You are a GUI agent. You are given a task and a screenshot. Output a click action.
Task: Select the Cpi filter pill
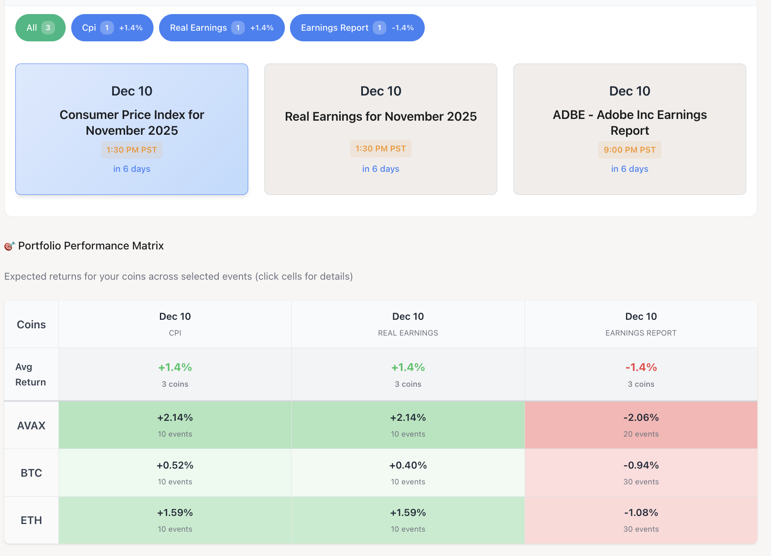(112, 28)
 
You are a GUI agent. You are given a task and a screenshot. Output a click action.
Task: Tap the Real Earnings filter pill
(222, 28)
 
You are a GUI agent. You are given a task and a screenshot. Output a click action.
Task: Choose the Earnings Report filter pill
(357, 28)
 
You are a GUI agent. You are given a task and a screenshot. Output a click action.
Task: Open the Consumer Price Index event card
(132, 129)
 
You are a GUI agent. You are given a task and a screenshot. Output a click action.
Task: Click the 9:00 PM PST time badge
(629, 150)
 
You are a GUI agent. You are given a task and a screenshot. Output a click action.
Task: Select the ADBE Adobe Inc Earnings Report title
(629, 122)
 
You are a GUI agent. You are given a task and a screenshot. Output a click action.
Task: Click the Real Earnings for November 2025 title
(380, 116)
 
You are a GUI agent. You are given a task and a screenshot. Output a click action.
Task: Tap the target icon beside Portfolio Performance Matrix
(9, 246)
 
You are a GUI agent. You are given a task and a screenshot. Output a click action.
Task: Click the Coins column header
(31, 324)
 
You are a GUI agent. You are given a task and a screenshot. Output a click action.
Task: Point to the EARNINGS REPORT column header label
(641, 333)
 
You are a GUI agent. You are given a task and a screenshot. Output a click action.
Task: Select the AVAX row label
(31, 426)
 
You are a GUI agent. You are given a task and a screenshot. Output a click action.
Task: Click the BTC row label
(31, 473)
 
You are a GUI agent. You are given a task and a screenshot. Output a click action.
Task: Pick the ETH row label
(31, 520)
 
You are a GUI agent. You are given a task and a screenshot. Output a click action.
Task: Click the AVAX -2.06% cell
(641, 425)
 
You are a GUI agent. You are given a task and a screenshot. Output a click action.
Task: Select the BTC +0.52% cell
(175, 472)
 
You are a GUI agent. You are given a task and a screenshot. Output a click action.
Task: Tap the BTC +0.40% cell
(408, 472)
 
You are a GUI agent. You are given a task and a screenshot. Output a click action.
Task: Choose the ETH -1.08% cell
(641, 520)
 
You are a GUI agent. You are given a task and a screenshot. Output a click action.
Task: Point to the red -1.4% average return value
(641, 367)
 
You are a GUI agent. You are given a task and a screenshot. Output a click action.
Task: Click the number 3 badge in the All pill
(48, 28)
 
